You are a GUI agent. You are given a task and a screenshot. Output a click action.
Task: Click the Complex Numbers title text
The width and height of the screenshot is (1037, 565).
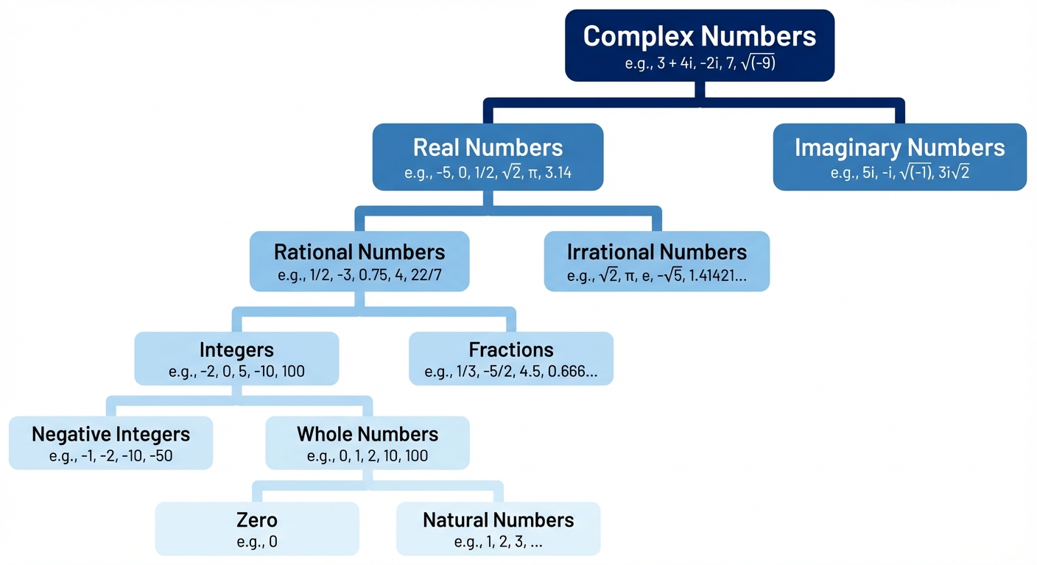coord(700,36)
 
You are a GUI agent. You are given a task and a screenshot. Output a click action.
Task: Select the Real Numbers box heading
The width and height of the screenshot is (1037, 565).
coord(488,147)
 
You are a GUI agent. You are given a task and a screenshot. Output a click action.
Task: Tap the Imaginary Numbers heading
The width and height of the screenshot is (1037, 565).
coord(899,147)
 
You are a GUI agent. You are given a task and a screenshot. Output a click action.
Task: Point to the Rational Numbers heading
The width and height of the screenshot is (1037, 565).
coord(359,252)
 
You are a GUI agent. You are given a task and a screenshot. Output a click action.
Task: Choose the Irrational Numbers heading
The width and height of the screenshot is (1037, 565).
coord(656,252)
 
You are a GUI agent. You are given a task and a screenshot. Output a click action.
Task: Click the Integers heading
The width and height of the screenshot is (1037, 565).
coord(236,349)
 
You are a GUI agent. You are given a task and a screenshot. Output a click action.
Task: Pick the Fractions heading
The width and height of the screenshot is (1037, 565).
coord(510,349)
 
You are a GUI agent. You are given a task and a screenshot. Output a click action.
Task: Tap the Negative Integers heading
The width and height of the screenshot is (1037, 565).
coord(110,434)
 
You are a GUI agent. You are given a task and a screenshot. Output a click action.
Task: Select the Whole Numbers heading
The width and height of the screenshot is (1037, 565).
coord(368,434)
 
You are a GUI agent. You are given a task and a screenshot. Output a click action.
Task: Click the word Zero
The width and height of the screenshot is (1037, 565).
coord(257,520)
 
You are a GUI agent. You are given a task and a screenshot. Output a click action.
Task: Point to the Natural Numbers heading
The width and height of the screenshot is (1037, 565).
coord(498,520)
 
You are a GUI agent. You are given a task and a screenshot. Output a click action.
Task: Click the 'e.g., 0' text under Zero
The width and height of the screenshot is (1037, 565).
coord(257,543)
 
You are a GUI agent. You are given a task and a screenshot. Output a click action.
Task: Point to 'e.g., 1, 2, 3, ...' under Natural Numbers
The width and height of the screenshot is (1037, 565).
coord(499,543)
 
